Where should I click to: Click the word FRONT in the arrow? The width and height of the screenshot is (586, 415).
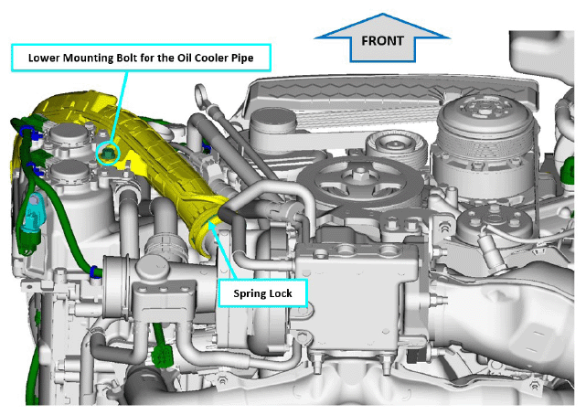pyautogui.click(x=382, y=40)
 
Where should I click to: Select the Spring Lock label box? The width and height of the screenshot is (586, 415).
pyautogui.click(x=262, y=293)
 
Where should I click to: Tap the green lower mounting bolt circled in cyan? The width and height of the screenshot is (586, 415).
pyautogui.click(x=108, y=154)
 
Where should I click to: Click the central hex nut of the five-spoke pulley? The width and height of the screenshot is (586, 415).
pyautogui.click(x=360, y=173)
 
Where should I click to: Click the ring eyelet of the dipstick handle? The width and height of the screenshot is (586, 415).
pyautogui.click(x=201, y=96)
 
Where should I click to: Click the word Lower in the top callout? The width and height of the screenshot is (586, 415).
pyautogui.click(x=41, y=58)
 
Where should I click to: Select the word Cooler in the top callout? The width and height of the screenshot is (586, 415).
pyautogui.click(x=212, y=58)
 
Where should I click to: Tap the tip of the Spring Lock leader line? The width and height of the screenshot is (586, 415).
pyautogui.click(x=208, y=221)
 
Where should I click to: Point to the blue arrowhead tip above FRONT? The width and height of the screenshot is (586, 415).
pyautogui.click(x=382, y=15)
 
